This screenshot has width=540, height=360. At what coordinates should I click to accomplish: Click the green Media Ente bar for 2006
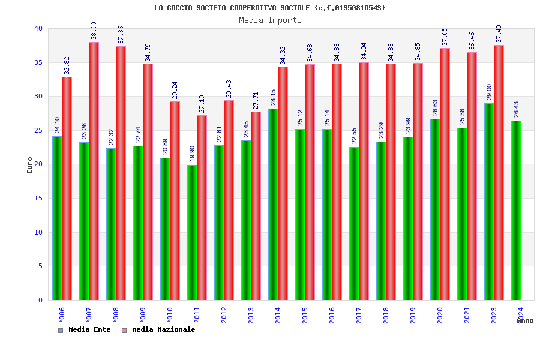coord(57,218)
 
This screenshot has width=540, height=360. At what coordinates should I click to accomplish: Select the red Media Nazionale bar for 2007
coord(94,171)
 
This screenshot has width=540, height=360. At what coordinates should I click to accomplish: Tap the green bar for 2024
coord(516,210)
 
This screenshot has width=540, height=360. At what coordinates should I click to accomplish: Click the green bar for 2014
coord(273,204)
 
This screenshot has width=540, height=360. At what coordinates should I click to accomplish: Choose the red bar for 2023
coord(499,173)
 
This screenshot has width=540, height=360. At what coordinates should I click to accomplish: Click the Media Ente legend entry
coord(85,330)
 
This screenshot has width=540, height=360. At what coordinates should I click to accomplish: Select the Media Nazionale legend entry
coord(158,330)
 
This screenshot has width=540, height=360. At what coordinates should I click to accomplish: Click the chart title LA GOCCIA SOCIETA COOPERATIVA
coord(270,8)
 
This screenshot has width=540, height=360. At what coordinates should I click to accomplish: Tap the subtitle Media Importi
coord(270,20)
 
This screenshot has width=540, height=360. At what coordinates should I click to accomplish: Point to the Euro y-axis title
coord(30,165)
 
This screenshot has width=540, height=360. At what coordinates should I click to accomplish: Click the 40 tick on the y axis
coord(38,28)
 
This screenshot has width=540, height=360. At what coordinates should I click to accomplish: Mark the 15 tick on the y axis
coord(38,198)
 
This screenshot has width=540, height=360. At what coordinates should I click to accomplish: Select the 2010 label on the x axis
coord(170,315)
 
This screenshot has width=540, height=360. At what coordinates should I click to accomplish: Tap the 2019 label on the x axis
coord(413,315)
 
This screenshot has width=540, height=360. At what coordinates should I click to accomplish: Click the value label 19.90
coord(192,154)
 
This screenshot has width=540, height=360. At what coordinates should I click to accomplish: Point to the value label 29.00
coord(489,92)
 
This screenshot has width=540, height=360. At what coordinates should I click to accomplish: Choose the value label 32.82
coord(67,65)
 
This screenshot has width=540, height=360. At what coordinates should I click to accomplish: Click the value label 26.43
coord(516,109)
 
